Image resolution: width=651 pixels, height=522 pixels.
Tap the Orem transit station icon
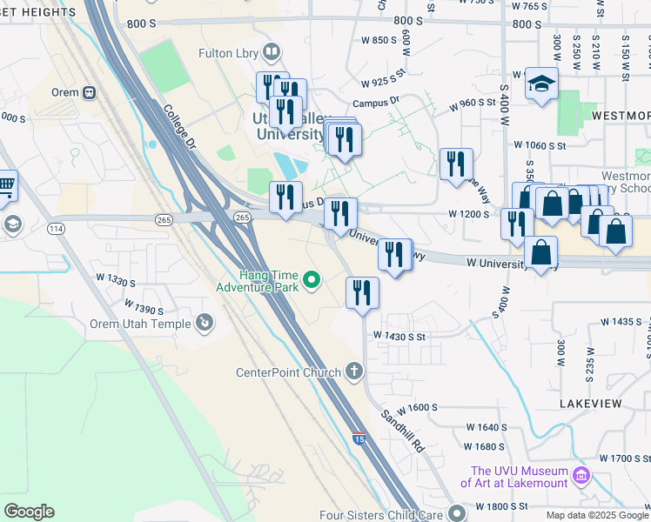pyautogui.click(x=88, y=92)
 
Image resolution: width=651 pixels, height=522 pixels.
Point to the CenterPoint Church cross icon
pyautogui.click(x=353, y=372)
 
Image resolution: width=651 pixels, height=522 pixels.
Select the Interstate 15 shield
pyautogui.click(x=359, y=442)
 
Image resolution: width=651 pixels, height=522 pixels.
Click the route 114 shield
pyautogui.click(x=57, y=228)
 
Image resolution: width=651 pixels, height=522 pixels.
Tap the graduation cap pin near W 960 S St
pyautogui.click(x=540, y=84)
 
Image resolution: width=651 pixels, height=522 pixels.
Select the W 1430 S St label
pyautogui.click(x=399, y=336)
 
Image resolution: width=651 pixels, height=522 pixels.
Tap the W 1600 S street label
pyautogui.click(x=416, y=407)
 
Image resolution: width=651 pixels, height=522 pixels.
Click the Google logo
pyautogui.click(x=29, y=512)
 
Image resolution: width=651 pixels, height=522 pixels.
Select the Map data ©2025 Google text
pyautogui.click(x=597, y=515)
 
